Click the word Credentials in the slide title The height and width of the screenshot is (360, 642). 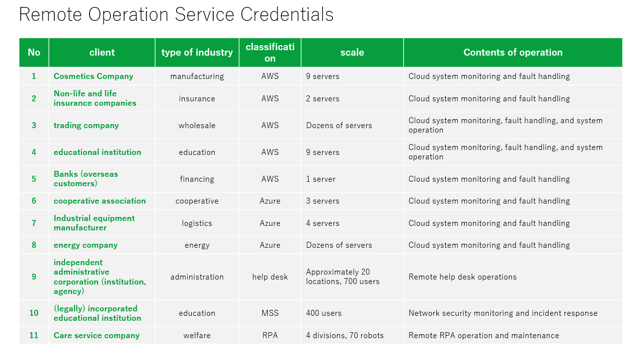click(x=287, y=14)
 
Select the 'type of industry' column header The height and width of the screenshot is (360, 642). click(x=197, y=53)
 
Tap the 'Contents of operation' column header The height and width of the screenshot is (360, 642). click(x=513, y=53)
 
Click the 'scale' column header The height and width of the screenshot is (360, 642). click(x=352, y=53)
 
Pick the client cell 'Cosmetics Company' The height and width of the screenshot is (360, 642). click(x=93, y=76)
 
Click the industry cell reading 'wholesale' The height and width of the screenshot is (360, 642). click(x=197, y=126)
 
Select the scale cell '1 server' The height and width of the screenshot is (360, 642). click(x=321, y=179)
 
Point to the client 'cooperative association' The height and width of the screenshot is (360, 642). click(x=100, y=201)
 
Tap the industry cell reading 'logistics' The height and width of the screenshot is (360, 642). click(x=197, y=223)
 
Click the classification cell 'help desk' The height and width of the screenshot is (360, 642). click(x=270, y=277)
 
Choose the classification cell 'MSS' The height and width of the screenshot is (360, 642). click(x=270, y=313)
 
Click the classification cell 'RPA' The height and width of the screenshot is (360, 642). click(x=270, y=335)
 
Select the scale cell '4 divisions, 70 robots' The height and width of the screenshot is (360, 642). click(x=345, y=335)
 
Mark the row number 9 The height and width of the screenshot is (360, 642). click(x=34, y=277)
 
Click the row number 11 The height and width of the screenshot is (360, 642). click(x=34, y=335)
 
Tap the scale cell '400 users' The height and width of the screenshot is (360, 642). click(x=323, y=313)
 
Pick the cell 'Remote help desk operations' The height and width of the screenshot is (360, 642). click(x=462, y=277)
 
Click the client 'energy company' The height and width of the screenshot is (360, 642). click(x=85, y=245)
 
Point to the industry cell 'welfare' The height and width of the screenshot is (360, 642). click(x=197, y=335)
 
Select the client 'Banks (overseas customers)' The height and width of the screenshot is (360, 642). click(x=85, y=179)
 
